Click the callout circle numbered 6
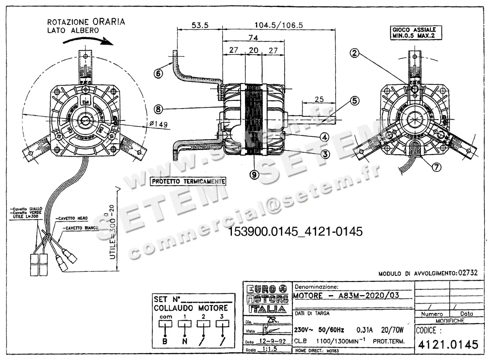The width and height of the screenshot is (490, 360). click(x=158, y=73)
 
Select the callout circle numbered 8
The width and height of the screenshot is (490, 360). click(x=158, y=109)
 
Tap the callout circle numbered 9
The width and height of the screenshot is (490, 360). click(x=254, y=174)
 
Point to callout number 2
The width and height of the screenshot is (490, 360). click(x=355, y=53)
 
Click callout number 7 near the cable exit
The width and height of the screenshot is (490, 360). click(x=436, y=167)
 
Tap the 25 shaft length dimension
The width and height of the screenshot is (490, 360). click(x=319, y=99)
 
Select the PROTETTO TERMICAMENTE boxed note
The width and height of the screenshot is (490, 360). click(x=188, y=181)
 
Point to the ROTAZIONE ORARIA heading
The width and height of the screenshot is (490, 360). click(x=86, y=22)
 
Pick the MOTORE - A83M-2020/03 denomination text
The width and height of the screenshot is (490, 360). click(x=346, y=296)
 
